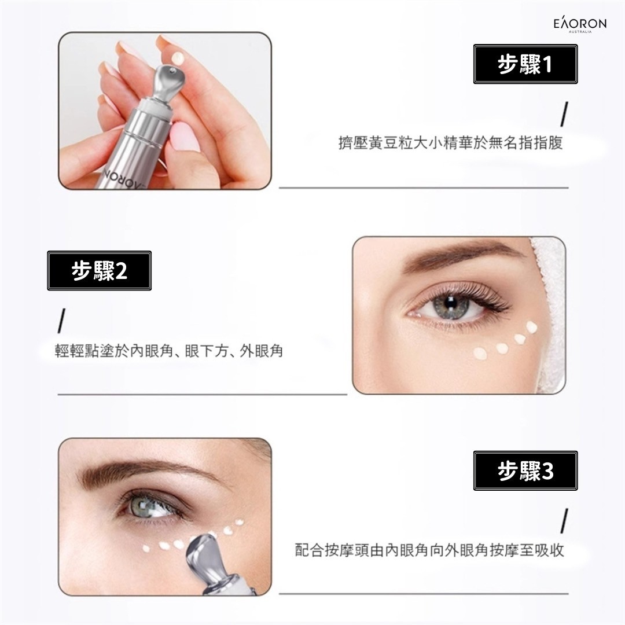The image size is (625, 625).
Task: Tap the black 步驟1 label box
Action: point(525,65)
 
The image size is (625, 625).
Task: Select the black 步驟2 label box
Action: point(99,270)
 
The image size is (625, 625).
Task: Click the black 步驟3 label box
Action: point(525,471)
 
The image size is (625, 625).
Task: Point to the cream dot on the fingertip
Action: point(179,58)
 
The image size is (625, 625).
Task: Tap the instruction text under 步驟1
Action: point(450,143)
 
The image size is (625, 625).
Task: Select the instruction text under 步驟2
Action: point(169,351)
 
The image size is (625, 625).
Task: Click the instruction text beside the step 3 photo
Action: point(429,550)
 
